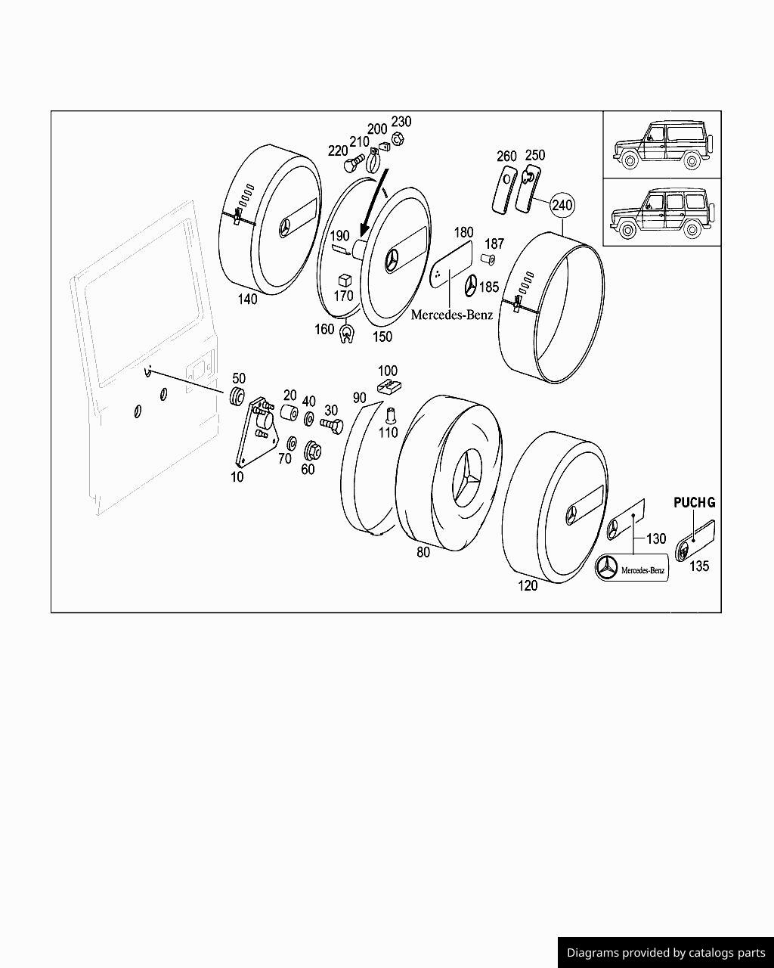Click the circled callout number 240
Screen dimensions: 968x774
(x=562, y=205)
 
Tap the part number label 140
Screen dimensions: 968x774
(x=247, y=299)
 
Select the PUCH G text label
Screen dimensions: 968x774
(x=694, y=502)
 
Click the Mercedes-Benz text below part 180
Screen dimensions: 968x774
(x=451, y=315)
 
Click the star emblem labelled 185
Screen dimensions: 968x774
(x=470, y=286)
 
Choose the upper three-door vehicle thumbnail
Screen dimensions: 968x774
(x=661, y=144)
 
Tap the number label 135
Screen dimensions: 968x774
(x=699, y=566)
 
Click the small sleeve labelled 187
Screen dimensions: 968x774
(x=488, y=259)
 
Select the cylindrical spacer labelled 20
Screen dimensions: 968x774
(x=288, y=414)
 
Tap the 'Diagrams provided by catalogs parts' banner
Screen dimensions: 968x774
(x=665, y=953)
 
